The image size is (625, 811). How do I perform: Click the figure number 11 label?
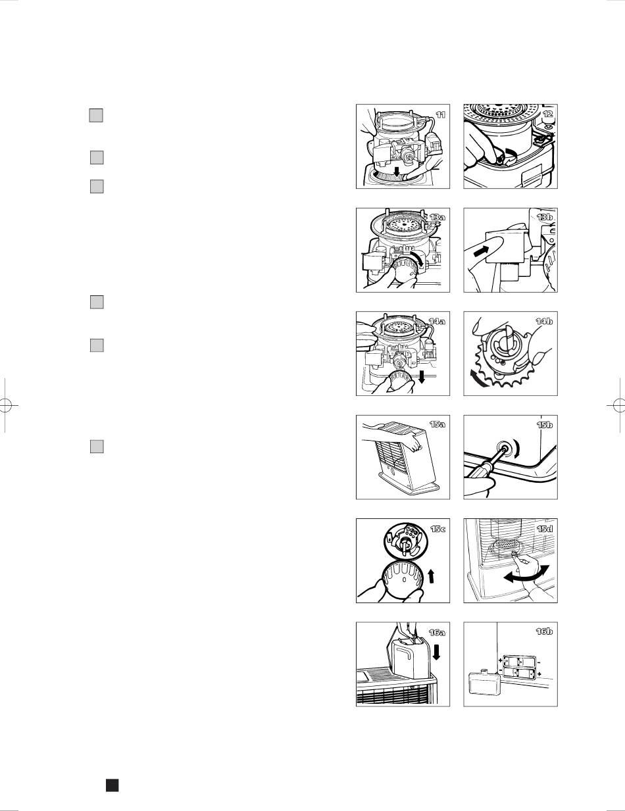tap(441, 114)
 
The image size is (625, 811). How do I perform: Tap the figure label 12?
tap(548, 113)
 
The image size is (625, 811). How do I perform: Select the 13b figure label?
tap(544, 217)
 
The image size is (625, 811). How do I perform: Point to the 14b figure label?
tap(544, 321)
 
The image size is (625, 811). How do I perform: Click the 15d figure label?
tap(544, 528)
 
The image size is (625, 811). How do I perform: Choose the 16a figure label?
tap(437, 632)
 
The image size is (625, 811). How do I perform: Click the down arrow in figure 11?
tap(396, 171)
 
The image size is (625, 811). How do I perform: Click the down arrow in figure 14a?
tap(422, 378)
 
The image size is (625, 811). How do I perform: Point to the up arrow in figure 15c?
tap(432, 576)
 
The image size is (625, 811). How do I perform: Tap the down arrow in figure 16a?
tap(436, 652)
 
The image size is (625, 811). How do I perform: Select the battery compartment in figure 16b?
tap(519, 666)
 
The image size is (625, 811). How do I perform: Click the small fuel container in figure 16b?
tap(485, 685)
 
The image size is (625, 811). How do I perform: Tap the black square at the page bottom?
tap(113, 785)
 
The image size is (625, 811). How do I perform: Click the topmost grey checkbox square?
tap(96, 116)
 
